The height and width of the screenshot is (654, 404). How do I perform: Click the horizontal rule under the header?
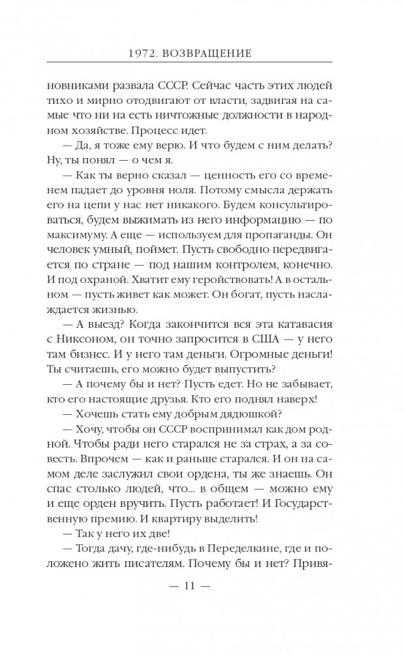(202, 62)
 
